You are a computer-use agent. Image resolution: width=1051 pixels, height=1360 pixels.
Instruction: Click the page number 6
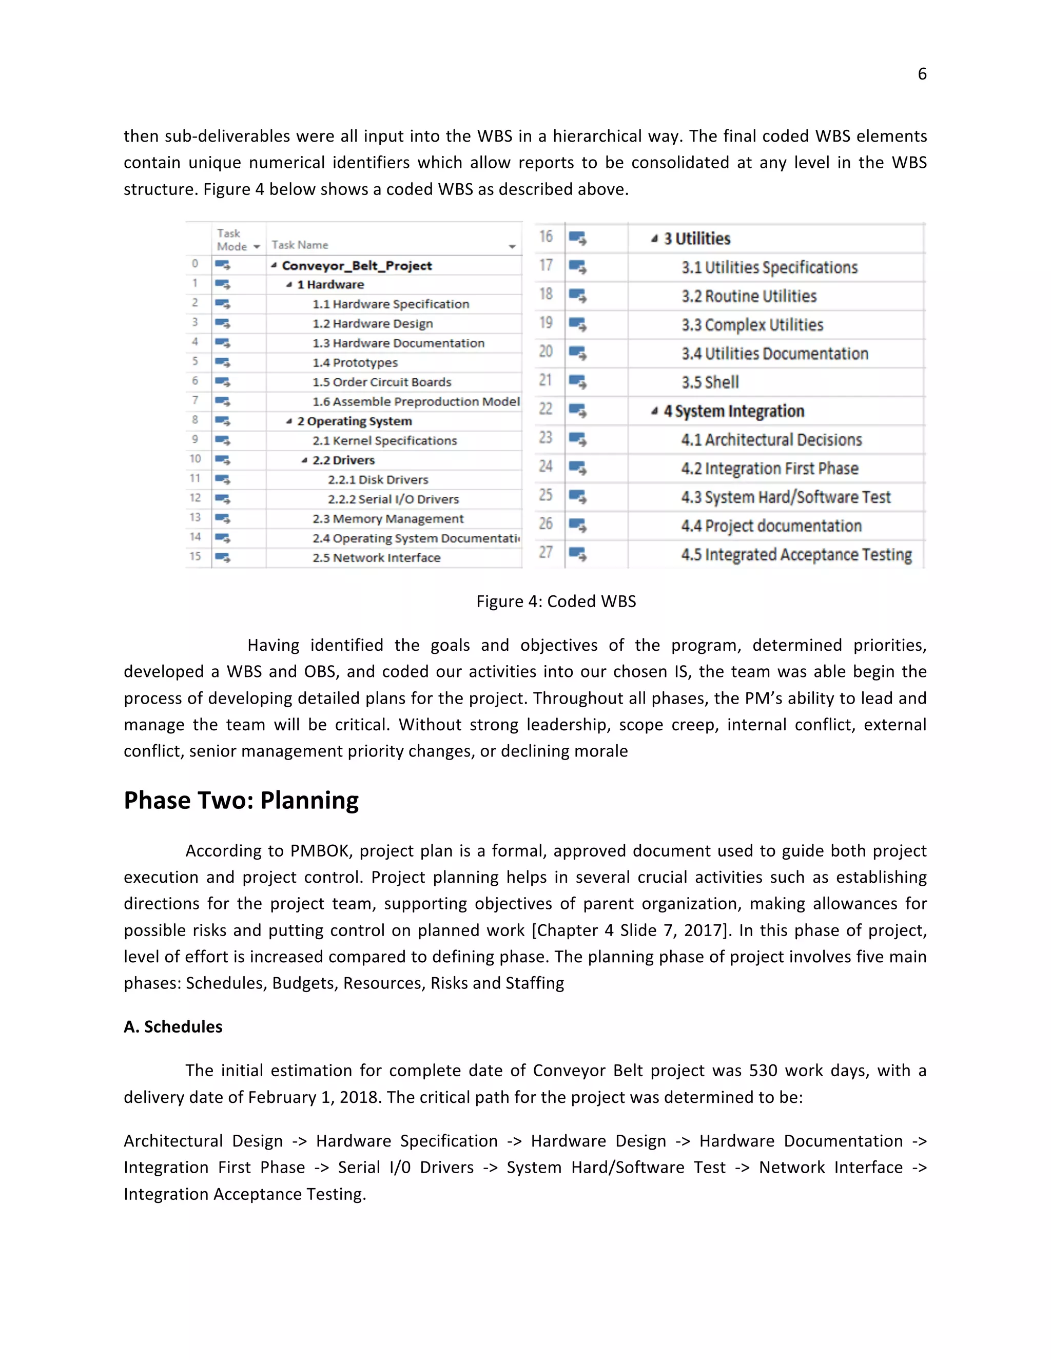point(922,74)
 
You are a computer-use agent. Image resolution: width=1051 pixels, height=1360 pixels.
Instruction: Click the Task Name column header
point(300,245)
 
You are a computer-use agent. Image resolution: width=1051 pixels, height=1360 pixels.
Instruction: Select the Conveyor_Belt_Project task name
point(356,266)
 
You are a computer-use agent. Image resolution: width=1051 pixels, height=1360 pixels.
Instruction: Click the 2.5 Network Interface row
point(376,558)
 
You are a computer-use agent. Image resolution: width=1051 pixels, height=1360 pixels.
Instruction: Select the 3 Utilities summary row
point(697,239)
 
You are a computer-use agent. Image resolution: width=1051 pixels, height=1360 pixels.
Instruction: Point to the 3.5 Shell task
point(710,382)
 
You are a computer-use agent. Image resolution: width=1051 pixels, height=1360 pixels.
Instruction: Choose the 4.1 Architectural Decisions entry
point(771,440)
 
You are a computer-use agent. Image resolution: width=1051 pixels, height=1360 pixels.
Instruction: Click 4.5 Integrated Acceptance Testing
point(796,555)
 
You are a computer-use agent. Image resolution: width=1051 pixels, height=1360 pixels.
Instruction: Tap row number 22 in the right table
point(546,409)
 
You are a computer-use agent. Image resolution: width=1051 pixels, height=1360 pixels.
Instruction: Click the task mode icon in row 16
point(577,239)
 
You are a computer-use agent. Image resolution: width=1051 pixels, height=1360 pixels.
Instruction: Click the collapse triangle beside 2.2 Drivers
point(304,461)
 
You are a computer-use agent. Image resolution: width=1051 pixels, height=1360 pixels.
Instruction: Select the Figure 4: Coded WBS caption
point(555,601)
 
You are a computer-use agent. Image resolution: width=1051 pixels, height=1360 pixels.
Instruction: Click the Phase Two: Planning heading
point(241,801)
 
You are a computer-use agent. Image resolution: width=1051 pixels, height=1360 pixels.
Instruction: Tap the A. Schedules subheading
point(173,1027)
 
